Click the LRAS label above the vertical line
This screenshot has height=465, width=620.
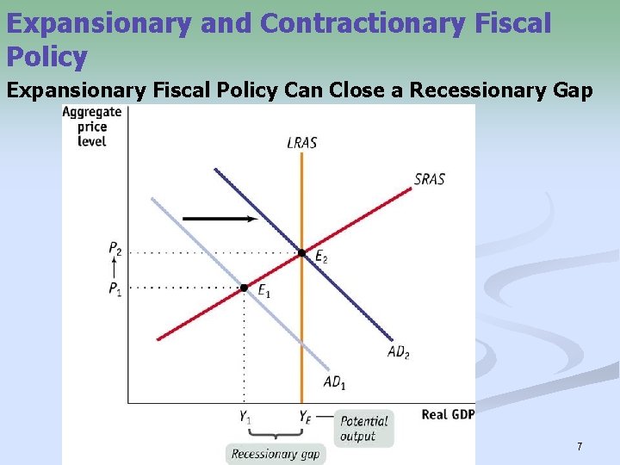pos(301,143)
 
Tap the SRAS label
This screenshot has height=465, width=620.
pos(429,180)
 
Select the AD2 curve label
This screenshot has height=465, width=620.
pos(398,351)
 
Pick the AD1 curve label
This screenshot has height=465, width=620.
pos(333,382)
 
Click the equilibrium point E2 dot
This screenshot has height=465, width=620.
pos(301,253)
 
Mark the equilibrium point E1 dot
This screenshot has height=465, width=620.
pos(244,287)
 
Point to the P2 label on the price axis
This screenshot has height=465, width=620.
pos(115,248)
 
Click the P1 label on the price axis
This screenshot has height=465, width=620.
pos(115,288)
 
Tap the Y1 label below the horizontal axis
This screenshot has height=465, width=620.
pos(245,417)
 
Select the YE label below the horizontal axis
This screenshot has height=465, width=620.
pos(305,417)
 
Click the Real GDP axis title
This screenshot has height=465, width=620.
pos(446,415)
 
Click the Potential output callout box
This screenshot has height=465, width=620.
pos(363,428)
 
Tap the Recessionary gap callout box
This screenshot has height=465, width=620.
pos(276,454)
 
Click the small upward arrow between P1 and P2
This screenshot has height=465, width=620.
pos(115,269)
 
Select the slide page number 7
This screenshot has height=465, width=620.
pos(580,447)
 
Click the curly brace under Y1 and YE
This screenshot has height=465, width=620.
pos(274,437)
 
